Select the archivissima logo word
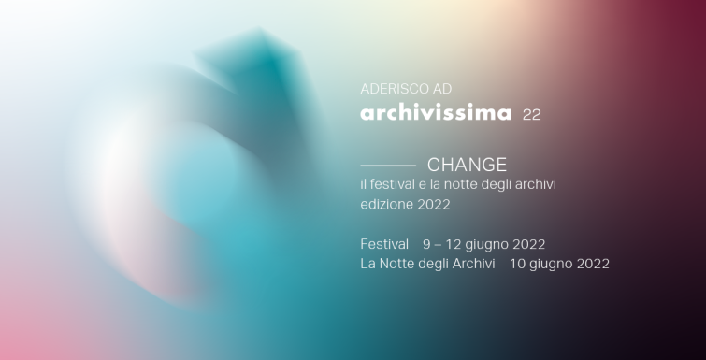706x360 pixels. (x=436, y=114)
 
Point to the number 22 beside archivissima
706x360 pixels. (x=531, y=115)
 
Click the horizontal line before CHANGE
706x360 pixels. (x=387, y=165)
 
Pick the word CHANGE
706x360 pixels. (x=467, y=165)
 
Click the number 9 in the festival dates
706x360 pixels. (x=426, y=244)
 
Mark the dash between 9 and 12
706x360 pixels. (x=438, y=244)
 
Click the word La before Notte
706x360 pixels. (x=367, y=264)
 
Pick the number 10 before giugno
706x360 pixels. (x=517, y=264)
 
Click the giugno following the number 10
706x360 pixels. (x=551, y=265)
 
